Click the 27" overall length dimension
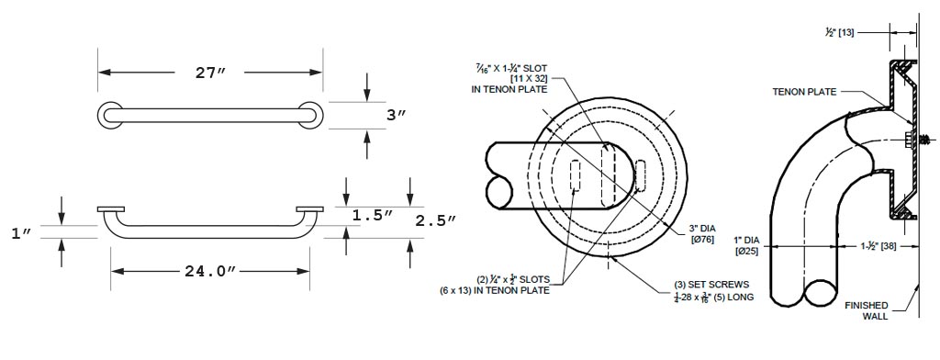[x=211, y=73]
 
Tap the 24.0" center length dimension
[x=209, y=271]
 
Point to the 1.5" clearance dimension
[x=373, y=216]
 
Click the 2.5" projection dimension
[x=436, y=220]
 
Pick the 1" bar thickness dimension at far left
[x=22, y=232]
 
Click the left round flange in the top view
[x=110, y=115]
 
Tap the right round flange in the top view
[x=310, y=115]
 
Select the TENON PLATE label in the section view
[x=804, y=92]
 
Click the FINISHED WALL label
[x=867, y=310]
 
